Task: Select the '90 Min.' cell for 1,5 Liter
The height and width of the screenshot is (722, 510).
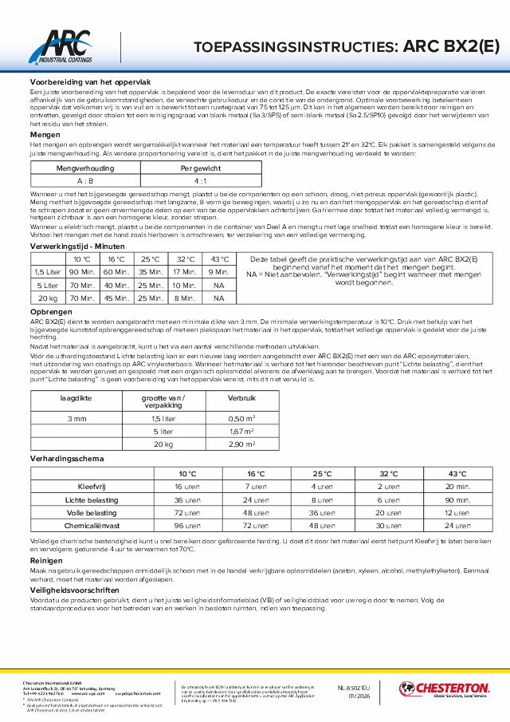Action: click(x=83, y=273)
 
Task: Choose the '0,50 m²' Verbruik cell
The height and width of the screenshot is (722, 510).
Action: click(x=241, y=418)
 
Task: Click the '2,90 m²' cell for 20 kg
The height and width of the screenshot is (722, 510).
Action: click(x=241, y=444)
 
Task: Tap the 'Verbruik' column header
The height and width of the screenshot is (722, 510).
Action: click(x=241, y=397)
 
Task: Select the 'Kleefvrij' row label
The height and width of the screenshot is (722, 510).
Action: click(x=91, y=486)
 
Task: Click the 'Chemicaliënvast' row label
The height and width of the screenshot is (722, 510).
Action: click(x=91, y=527)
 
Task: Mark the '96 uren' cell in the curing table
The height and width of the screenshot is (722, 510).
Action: click(x=188, y=527)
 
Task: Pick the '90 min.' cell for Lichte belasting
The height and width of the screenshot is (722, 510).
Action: click(x=461, y=499)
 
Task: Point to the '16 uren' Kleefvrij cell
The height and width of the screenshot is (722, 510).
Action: click(x=188, y=486)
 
